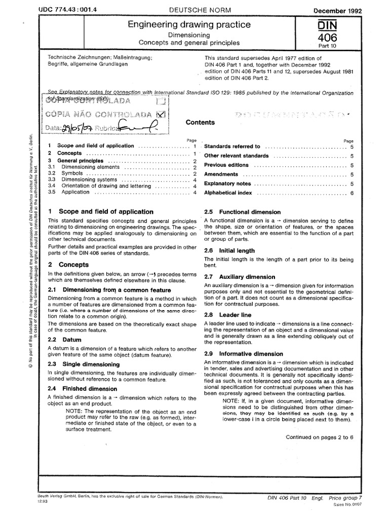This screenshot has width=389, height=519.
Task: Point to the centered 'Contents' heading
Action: [x=200, y=122]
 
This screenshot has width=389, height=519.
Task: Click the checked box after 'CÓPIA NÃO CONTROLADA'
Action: [x=161, y=114]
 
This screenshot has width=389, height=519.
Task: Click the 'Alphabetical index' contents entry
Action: [x=227, y=193]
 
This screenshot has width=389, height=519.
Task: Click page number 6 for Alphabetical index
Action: [x=351, y=193]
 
